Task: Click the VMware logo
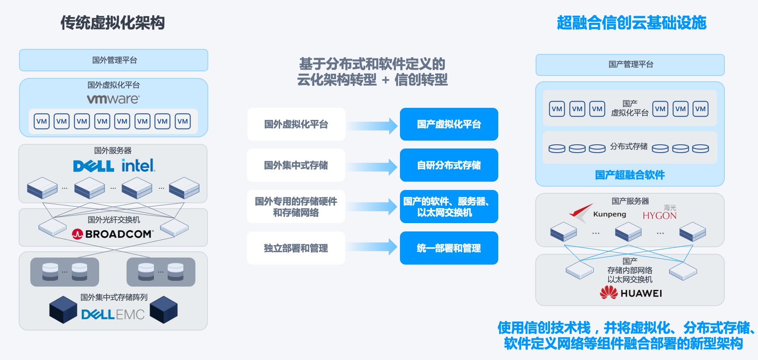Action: (113, 99)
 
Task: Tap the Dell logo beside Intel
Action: (94, 166)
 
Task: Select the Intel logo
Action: (139, 165)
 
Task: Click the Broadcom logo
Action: (112, 234)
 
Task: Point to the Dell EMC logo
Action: (113, 314)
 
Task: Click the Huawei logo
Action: (631, 293)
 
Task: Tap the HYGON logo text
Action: (660, 215)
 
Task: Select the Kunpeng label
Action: (609, 214)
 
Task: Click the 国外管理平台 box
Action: (114, 60)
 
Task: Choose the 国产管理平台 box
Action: (630, 65)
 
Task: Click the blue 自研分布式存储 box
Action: (449, 165)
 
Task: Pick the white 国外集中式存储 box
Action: (296, 165)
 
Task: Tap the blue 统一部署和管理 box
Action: (449, 248)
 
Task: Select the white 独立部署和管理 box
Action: (296, 248)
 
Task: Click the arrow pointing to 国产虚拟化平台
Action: (373, 126)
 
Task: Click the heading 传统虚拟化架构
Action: (113, 22)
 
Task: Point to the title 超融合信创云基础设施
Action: (631, 22)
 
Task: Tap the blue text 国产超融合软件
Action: (630, 175)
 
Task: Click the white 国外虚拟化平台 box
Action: (296, 124)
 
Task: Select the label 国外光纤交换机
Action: (114, 219)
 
